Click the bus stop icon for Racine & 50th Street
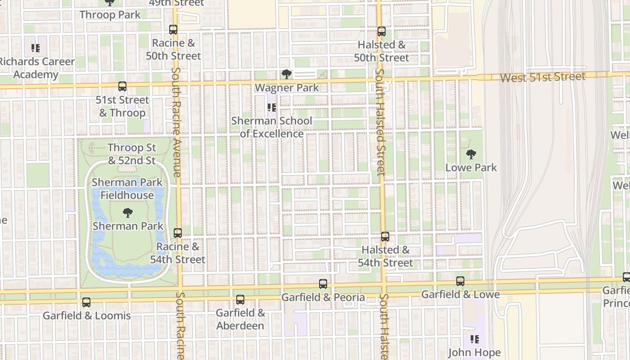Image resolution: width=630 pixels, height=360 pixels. (173, 30)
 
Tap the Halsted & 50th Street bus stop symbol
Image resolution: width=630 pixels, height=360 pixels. (382, 31)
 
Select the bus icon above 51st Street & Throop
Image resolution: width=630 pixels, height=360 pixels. (122, 86)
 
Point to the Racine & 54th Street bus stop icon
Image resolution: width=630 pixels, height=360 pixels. (178, 233)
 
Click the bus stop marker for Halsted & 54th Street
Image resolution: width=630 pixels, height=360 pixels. (385, 237)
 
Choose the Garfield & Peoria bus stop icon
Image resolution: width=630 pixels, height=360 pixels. (323, 284)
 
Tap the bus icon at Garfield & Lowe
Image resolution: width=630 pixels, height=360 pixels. (460, 281)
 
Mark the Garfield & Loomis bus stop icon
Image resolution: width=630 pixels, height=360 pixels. (86, 302)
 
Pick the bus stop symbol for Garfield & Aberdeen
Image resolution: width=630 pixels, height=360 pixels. (240, 300)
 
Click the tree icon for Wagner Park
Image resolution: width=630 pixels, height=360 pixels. (287, 74)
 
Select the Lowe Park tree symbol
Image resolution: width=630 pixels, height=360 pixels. (471, 154)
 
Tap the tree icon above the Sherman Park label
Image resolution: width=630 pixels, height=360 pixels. (128, 213)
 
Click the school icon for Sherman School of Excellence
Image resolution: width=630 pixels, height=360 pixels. (271, 108)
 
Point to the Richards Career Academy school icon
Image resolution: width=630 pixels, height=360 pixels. (36, 48)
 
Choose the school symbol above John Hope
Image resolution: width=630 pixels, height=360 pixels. (474, 339)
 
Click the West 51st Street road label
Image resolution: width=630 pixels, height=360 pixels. (543, 77)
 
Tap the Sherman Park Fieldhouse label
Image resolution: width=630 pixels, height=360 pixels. (127, 189)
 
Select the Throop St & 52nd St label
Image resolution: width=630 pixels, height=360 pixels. (132, 154)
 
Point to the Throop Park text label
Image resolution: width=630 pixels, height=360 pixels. (110, 14)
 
